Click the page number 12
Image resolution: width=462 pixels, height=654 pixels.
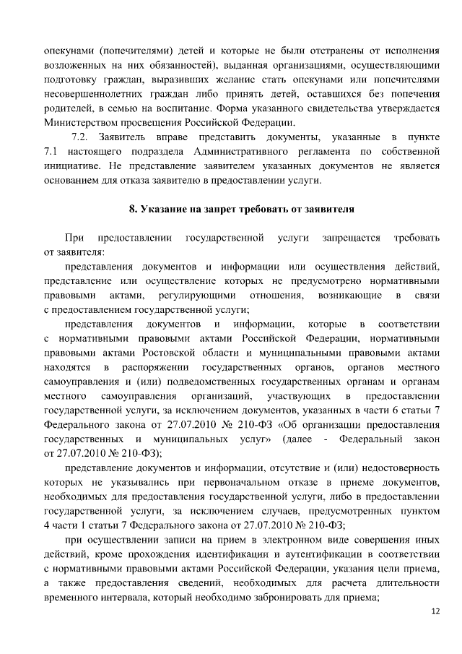[435, 611]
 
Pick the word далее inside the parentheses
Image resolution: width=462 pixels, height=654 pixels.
[300, 439]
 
